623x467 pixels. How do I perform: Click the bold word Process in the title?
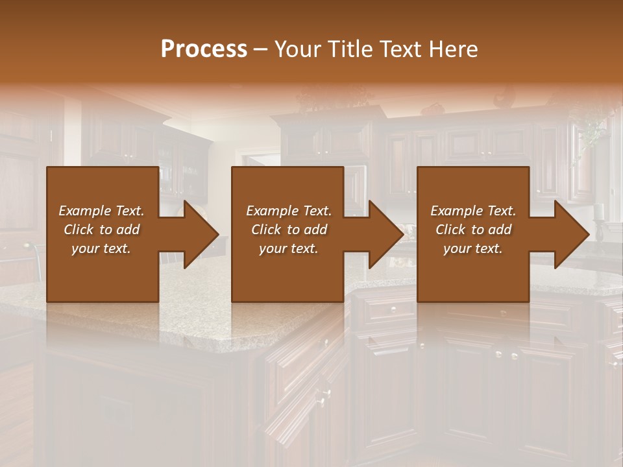204,49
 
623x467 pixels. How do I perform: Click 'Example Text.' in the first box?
101,211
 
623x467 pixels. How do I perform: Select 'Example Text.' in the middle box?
289,211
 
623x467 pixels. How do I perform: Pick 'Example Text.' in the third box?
473,211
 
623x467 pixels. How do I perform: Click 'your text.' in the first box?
101,248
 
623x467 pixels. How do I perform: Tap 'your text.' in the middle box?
289,248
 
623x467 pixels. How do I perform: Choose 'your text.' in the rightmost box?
473,248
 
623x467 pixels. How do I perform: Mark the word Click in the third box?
451,230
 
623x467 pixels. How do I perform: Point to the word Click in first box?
79,230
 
